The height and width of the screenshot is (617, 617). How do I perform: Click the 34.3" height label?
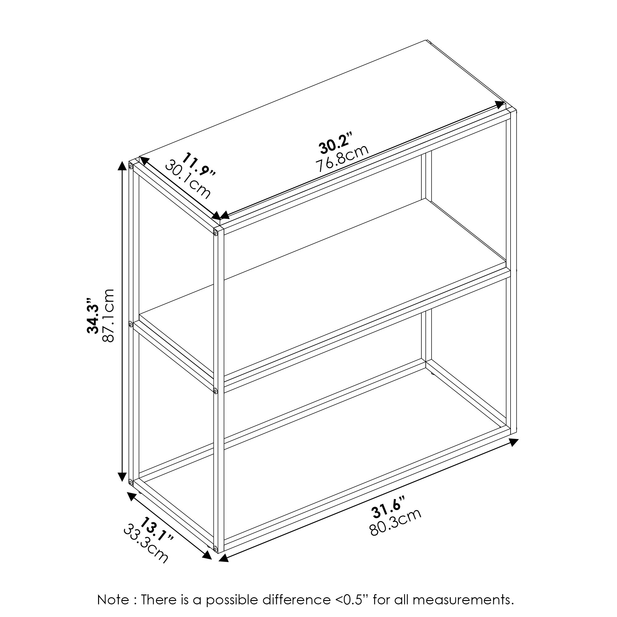(93, 316)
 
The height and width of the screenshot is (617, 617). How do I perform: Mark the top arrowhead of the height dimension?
(122, 166)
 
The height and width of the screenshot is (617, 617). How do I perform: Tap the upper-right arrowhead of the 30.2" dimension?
(500, 106)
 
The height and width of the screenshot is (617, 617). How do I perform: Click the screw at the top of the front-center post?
(216, 234)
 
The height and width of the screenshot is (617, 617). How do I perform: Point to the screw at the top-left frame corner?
(130, 166)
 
